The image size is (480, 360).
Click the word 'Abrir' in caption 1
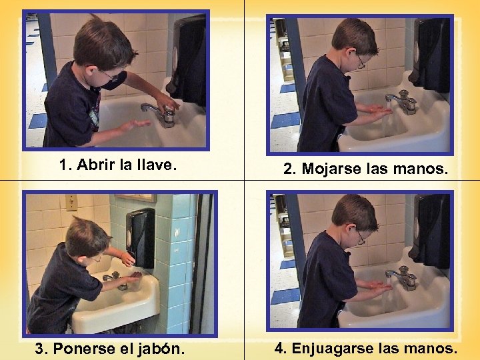click(x=95, y=165)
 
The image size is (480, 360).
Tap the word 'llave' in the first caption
click(x=155, y=165)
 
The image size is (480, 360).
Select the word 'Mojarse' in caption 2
click(x=331, y=169)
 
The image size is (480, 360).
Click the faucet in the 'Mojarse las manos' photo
click(x=404, y=101)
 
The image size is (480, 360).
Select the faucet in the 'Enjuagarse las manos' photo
click(x=404, y=276)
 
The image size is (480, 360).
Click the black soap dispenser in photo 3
click(x=140, y=237)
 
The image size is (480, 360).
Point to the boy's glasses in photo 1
click(x=110, y=77)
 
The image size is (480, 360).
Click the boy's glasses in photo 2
click(x=361, y=63)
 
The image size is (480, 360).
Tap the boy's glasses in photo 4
click(x=361, y=237)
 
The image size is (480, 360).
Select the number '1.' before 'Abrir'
click(x=65, y=165)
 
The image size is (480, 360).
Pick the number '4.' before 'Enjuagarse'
click(x=280, y=348)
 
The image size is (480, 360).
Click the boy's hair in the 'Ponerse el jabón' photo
click(x=85, y=233)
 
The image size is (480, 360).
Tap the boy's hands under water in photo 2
click(x=379, y=111)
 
